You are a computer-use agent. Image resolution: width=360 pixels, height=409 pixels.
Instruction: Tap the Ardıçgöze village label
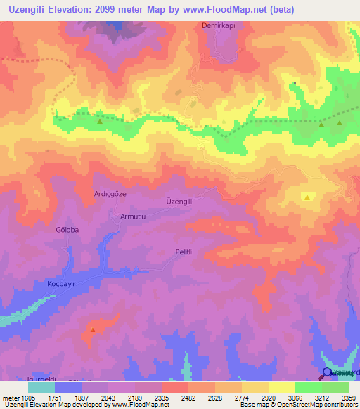(x=110, y=193)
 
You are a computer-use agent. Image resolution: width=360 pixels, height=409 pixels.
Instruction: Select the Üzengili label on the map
(x=179, y=201)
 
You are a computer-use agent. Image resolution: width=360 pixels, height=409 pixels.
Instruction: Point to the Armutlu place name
(x=133, y=216)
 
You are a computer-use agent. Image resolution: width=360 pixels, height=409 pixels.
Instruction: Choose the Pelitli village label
(x=184, y=252)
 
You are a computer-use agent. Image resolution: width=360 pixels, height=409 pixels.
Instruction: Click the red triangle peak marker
(x=93, y=329)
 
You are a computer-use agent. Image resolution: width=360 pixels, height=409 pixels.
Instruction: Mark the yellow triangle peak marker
(x=307, y=197)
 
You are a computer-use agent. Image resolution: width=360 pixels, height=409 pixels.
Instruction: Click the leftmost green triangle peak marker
(x=99, y=121)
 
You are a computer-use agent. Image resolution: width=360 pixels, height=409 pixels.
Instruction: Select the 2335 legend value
(x=161, y=397)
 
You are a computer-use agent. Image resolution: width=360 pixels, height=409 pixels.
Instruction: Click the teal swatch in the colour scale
(x=41, y=387)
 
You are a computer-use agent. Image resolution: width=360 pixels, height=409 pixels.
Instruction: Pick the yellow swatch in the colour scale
(x=282, y=387)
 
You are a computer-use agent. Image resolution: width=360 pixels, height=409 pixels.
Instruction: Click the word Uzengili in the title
(x=33, y=10)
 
